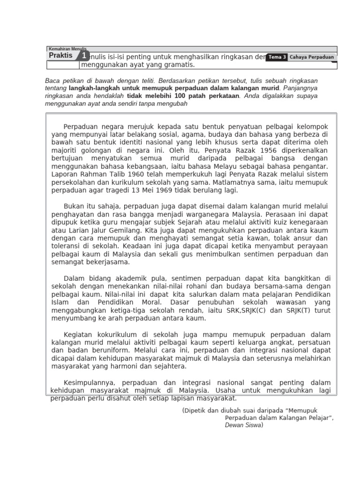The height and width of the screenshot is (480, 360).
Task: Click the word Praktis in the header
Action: coord(61,55)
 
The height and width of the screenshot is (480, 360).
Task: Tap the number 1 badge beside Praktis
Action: coord(83,56)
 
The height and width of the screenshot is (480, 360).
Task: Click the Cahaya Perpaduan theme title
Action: coord(312,57)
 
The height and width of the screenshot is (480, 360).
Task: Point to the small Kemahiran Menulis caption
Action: coord(67,48)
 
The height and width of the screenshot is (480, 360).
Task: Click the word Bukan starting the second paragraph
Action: coord(73,206)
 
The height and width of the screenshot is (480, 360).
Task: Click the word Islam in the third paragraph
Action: coord(59,302)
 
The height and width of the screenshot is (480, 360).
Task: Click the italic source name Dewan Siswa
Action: coord(244,425)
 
